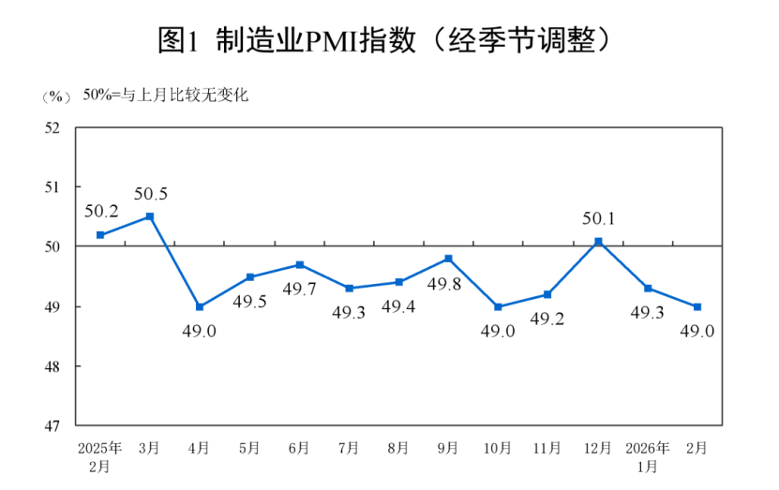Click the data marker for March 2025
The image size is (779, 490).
150,216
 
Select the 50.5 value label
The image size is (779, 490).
150,194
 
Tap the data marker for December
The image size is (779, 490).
598,242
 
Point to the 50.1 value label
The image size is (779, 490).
598,218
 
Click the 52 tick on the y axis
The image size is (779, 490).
53,127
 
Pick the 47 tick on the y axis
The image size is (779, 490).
53,425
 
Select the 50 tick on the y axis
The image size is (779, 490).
53,246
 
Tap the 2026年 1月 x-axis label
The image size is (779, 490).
647,456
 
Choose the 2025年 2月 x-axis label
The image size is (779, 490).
99,456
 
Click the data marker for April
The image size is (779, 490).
200,306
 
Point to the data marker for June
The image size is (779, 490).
299,264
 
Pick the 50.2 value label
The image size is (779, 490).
100,212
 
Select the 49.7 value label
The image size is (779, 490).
299,289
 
